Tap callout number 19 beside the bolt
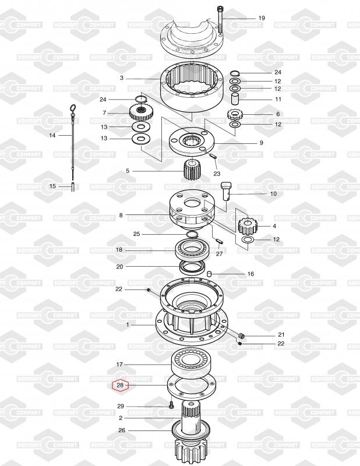pos(262,18)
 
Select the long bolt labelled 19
pos(220,21)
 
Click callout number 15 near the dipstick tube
pos(52,186)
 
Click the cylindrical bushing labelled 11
pos(236,98)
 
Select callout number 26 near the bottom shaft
pos(121,431)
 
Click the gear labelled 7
pos(139,112)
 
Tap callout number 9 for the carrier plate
pos(261,143)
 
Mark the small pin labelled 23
pos(213,156)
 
